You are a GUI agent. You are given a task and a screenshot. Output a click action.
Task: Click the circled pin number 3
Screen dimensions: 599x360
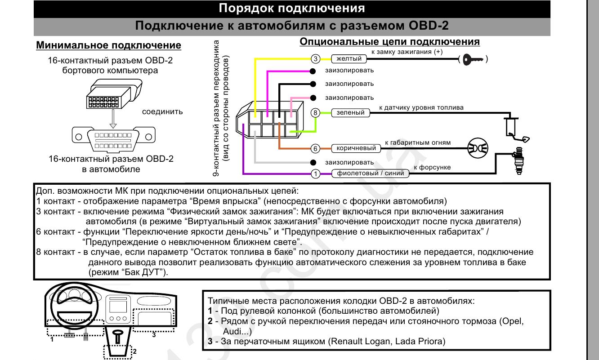point(316,59)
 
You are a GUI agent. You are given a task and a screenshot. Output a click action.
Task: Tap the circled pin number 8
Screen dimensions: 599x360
point(316,113)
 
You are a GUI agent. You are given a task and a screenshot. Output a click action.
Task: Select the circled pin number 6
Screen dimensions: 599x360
point(316,149)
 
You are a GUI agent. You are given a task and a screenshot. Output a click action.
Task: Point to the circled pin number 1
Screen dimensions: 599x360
point(316,174)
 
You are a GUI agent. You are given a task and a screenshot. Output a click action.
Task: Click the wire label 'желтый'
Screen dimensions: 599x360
point(349,59)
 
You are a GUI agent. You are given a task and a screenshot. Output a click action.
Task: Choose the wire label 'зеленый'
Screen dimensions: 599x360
point(351,112)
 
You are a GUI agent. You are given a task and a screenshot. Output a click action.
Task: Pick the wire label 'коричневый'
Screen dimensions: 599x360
point(356,148)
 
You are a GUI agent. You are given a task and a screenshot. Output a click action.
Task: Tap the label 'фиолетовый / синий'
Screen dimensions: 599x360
point(371,173)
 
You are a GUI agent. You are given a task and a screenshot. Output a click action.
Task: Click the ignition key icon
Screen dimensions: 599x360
point(473,59)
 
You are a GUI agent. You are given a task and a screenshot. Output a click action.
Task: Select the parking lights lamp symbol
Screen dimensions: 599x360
point(478,148)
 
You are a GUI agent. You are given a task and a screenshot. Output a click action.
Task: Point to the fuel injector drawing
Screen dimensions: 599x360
point(519,161)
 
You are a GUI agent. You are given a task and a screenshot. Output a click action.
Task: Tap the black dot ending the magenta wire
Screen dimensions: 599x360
point(313,71)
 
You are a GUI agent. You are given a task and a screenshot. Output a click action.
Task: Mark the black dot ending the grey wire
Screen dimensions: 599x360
point(313,162)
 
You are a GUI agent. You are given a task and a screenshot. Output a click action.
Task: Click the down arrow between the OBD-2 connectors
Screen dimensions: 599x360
point(113,119)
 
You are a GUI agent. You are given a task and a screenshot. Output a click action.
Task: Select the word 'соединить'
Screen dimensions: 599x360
point(162,112)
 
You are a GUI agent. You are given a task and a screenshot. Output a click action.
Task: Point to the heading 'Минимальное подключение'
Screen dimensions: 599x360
point(108,45)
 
